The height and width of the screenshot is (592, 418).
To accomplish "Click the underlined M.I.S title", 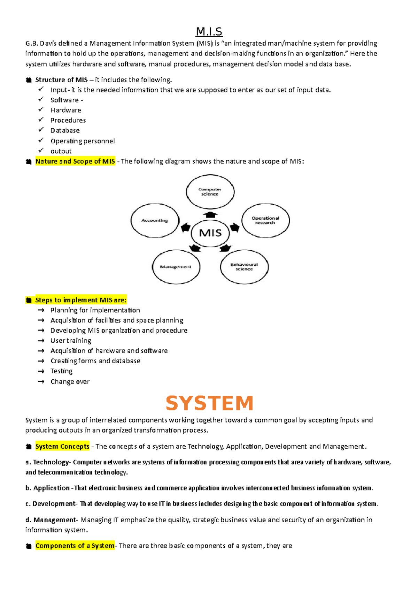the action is (x=209, y=32).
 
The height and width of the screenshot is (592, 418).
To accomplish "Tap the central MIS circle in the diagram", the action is (x=210, y=233).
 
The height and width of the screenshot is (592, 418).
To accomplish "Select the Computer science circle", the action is (x=210, y=192).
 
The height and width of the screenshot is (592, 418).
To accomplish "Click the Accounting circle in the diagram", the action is (x=155, y=220).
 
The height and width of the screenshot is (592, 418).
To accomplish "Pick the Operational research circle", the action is (x=265, y=220).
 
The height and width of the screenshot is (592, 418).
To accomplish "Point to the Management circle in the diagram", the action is (x=176, y=267).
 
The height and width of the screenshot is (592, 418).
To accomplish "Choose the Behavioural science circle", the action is (x=244, y=267).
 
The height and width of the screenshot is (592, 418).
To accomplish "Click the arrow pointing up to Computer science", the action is (x=210, y=214).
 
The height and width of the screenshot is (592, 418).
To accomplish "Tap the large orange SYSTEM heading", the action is (x=209, y=403).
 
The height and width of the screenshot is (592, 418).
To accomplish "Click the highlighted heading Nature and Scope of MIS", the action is (x=75, y=161).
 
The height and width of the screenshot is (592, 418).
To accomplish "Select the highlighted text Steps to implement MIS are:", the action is (x=81, y=300).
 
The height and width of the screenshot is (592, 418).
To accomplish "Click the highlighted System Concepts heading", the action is (x=62, y=447).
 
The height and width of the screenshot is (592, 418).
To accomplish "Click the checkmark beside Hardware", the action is (x=41, y=109).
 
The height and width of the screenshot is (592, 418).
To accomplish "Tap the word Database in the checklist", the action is (x=65, y=130).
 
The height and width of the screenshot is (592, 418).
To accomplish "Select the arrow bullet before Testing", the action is (x=41, y=371).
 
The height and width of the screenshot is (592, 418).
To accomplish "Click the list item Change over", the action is (x=70, y=382).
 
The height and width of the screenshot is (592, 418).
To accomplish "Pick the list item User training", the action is (x=71, y=341).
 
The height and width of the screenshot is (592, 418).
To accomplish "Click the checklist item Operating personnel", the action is (x=83, y=141).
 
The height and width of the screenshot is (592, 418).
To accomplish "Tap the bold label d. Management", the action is (x=51, y=520).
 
